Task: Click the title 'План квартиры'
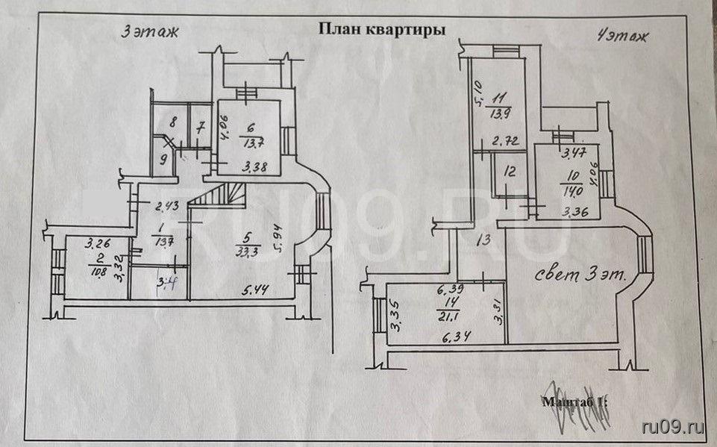point(382,30)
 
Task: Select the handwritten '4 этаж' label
point(621,34)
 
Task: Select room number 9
point(163,158)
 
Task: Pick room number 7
point(200,127)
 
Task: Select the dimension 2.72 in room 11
point(506,140)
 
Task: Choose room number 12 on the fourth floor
point(509,171)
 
